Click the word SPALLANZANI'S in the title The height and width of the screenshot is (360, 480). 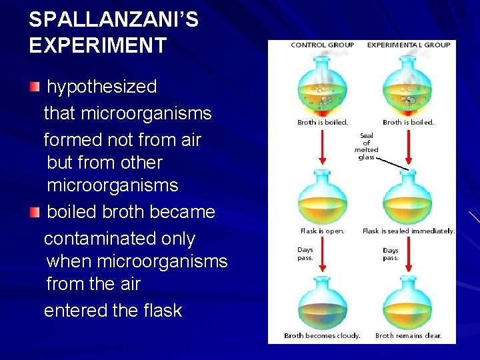click(113, 19)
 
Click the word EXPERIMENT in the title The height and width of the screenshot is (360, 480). click(97, 45)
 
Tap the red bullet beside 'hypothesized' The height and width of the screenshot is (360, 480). click(35, 87)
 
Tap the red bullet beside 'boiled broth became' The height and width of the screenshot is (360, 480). click(35, 212)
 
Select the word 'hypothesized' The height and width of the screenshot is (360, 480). click(102, 87)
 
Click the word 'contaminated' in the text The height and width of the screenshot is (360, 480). click(119, 239)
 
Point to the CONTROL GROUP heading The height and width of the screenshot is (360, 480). click(322, 45)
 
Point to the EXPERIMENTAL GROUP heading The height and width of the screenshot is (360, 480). click(409, 45)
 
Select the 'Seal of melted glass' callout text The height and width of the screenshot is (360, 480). click(366, 146)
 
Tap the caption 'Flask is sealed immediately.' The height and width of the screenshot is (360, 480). click(409, 231)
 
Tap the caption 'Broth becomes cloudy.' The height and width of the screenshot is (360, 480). click(322, 335)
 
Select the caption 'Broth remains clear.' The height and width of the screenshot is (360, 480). click(408, 335)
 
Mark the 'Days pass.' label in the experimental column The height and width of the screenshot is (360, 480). click(391, 254)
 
